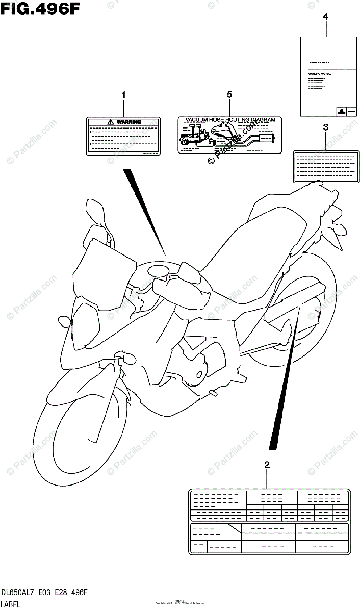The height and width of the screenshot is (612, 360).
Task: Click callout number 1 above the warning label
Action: coord(123,94)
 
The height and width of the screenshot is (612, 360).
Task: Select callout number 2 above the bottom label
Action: coord(266,464)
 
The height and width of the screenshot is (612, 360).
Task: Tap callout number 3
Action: coord(325,127)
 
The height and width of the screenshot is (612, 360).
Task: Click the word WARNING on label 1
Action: coord(128,122)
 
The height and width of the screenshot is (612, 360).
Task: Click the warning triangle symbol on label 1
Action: coord(111,122)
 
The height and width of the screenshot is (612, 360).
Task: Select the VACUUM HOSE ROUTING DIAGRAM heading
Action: coord(230,120)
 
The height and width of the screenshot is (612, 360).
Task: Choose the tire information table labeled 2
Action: coord(270,522)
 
